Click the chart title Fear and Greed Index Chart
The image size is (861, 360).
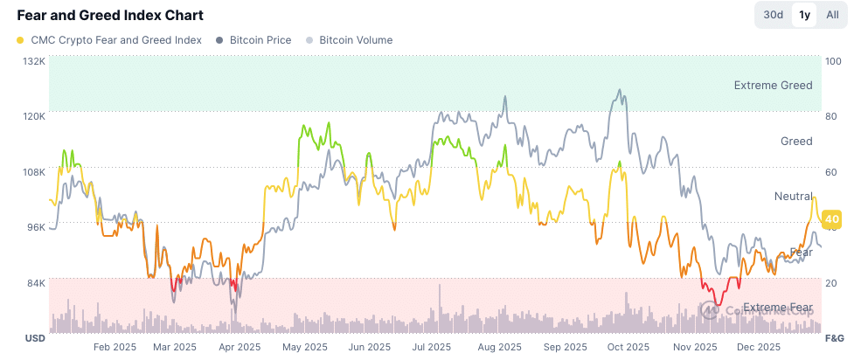[110, 15]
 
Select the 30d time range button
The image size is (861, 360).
[773, 15]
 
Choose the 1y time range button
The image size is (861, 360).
[802, 15]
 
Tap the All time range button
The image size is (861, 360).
[832, 15]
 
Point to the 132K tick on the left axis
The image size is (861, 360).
[34, 61]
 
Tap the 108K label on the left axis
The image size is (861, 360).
[34, 172]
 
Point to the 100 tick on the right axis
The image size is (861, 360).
[833, 61]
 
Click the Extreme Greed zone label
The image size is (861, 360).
[773, 86]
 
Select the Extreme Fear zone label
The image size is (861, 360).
[777, 308]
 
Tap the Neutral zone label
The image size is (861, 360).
[794, 197]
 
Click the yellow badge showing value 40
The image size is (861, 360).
[832, 218]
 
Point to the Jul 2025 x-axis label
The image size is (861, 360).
[431, 347]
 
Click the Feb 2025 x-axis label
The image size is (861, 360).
[115, 347]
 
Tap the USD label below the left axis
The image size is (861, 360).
[34, 338]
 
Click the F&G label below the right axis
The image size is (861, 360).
[835, 338]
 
